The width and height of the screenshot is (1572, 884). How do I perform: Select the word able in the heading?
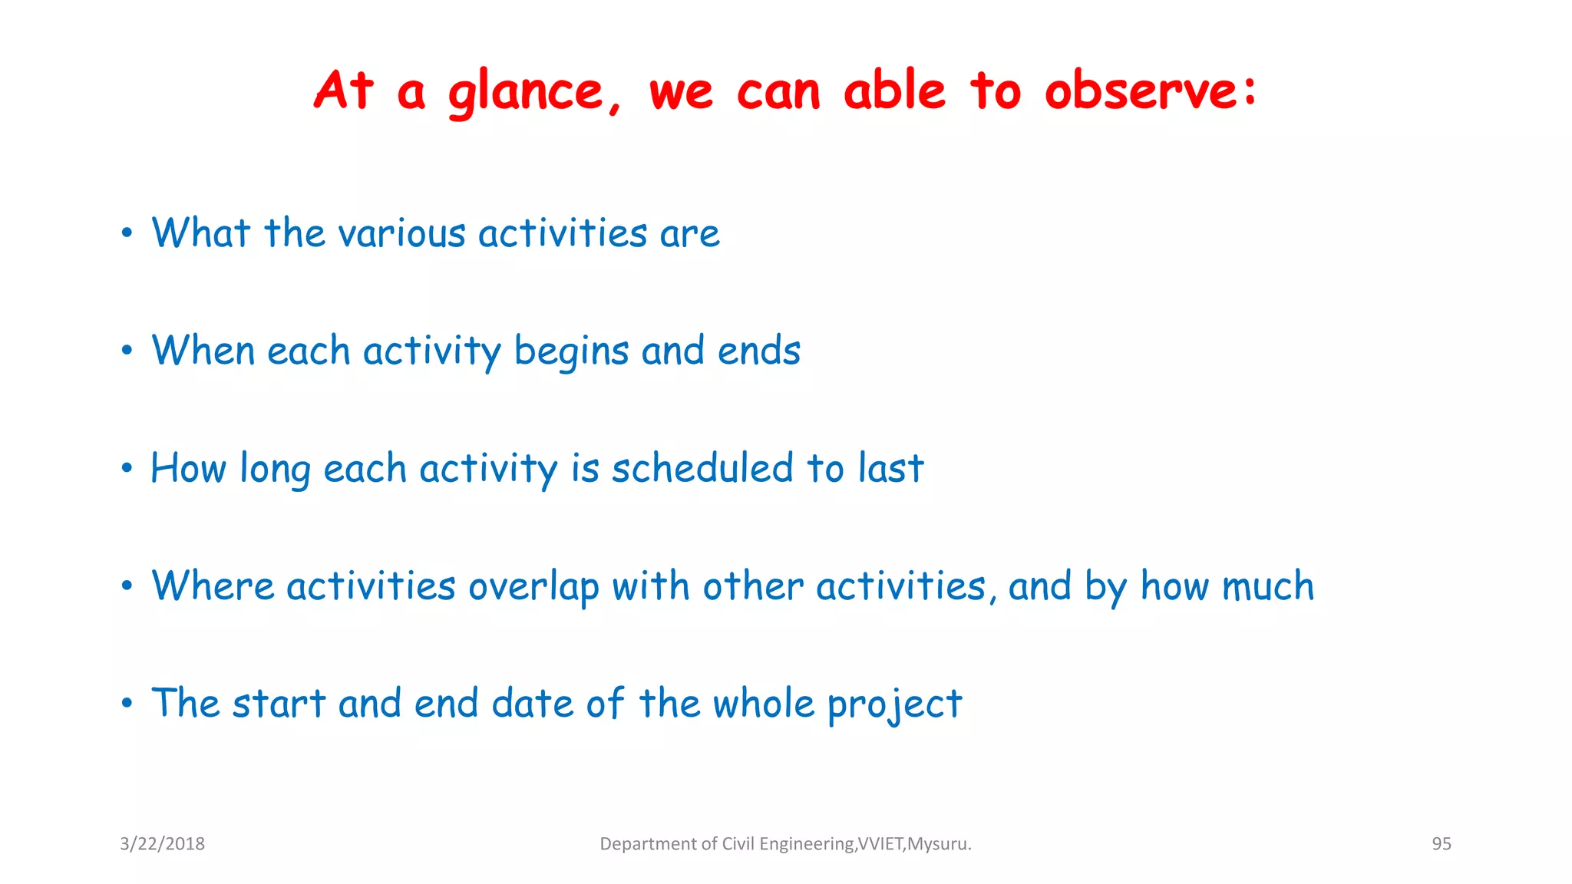(894, 91)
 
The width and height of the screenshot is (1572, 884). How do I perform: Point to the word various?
(402, 234)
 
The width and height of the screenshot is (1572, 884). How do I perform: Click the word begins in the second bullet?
(571, 352)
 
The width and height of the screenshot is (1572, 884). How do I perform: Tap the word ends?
(758, 351)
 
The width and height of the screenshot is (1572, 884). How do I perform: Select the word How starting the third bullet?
(188, 468)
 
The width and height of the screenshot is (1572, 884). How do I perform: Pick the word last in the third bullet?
(890, 468)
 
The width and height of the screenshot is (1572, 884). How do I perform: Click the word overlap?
(533, 588)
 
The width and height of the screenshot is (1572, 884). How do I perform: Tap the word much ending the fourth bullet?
(1267, 586)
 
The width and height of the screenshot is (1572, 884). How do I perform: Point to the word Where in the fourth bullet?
(213, 586)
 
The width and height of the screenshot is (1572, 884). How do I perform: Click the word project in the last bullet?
(894, 705)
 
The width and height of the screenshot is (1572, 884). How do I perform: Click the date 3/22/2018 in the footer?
(162, 844)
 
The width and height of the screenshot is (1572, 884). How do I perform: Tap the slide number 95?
(1441, 844)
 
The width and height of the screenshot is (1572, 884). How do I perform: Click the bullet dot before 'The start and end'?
(127, 703)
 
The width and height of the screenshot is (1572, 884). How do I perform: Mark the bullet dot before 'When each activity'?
(127, 351)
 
